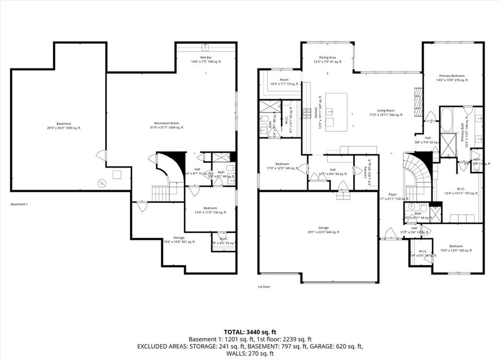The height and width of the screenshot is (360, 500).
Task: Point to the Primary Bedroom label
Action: coord(452,78)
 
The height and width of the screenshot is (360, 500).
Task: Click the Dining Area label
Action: coord(327,60)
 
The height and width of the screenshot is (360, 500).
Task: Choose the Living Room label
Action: coord(385,113)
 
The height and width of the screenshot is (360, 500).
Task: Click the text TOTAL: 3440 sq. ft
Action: coord(250,332)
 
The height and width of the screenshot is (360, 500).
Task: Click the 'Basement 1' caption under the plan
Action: coord(19,204)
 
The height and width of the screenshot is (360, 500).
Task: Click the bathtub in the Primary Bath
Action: coord(447,120)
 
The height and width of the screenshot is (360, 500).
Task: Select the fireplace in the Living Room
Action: coord(417,102)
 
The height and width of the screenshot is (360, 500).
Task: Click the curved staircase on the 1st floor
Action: coord(417,173)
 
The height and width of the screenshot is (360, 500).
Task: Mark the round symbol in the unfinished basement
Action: coord(102,183)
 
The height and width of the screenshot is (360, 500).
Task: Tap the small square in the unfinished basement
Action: coord(117,174)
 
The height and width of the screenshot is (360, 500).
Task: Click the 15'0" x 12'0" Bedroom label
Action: coord(456,248)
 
